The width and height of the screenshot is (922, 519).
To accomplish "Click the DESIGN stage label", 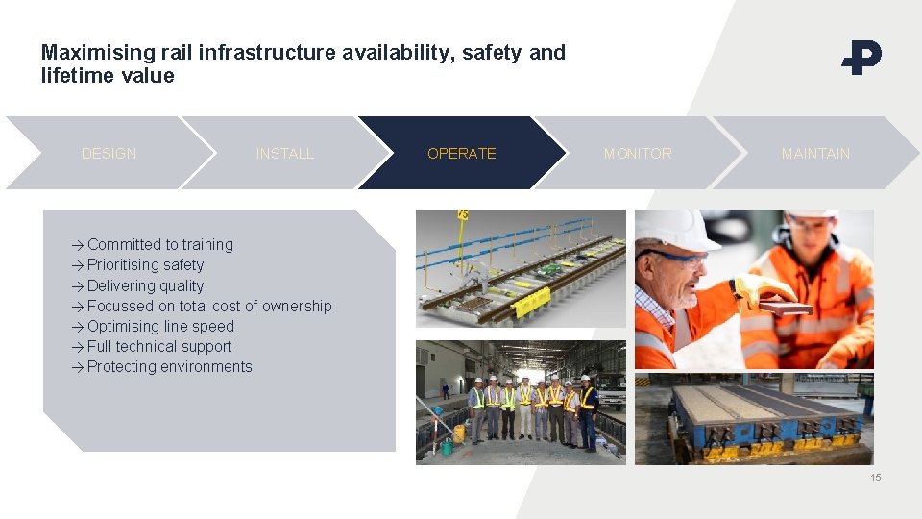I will point(109,154).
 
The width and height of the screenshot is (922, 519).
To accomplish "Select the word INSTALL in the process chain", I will point(285,154).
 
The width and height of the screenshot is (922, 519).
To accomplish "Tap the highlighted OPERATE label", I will point(462,154).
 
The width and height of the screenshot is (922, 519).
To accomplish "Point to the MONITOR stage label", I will point(638,154).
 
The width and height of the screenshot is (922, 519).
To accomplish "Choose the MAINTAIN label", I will point(815,154).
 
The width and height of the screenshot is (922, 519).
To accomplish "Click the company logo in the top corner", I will point(861,58).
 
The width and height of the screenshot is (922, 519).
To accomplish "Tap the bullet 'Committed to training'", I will point(159,245).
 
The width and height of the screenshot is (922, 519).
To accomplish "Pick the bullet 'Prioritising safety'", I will point(145,265).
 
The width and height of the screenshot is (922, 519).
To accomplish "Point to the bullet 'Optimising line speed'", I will point(160,327).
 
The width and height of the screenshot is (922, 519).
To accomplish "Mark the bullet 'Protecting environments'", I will point(169,367).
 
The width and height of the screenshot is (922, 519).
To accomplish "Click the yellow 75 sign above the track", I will point(463,214).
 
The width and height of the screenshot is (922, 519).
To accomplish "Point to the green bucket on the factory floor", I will point(446,448).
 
